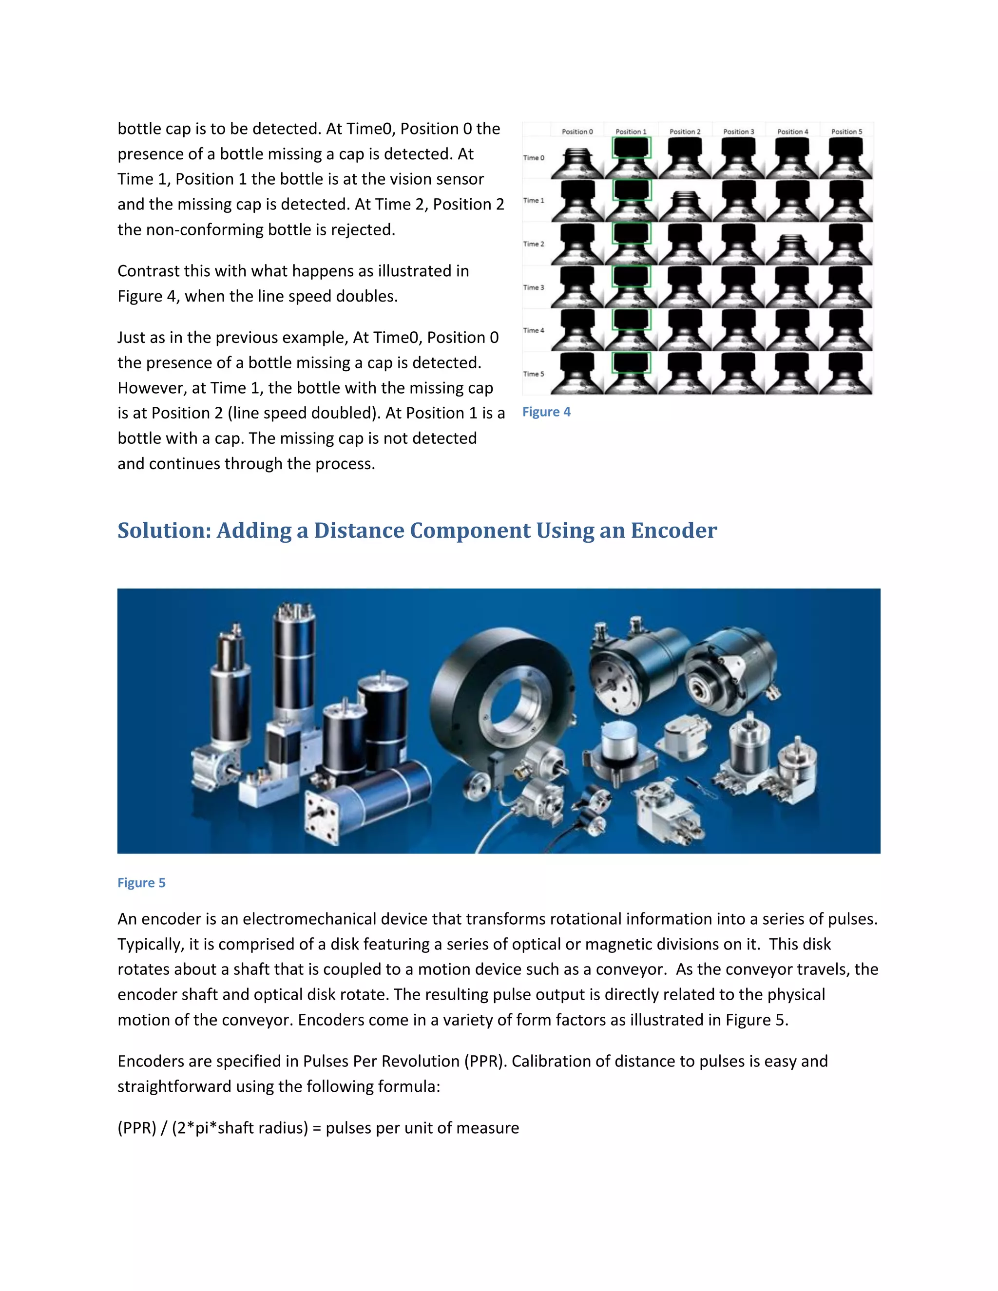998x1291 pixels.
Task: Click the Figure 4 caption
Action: pyautogui.click(x=546, y=412)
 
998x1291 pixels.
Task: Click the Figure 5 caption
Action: pyautogui.click(x=141, y=883)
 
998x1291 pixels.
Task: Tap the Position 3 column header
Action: pyautogui.click(x=738, y=131)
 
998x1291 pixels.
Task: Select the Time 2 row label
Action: pyautogui.click(x=533, y=244)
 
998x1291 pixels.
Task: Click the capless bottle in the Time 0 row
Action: pyautogui.click(x=577, y=163)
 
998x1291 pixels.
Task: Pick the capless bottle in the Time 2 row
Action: pyautogui.click(x=792, y=248)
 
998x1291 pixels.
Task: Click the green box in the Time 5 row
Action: pyautogui.click(x=631, y=362)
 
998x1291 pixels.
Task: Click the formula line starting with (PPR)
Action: pyautogui.click(x=318, y=1128)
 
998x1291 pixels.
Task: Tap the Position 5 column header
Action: pyautogui.click(x=846, y=131)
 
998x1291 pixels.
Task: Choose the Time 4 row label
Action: pyautogui.click(x=533, y=330)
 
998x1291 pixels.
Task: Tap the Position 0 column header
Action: pyautogui.click(x=577, y=131)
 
